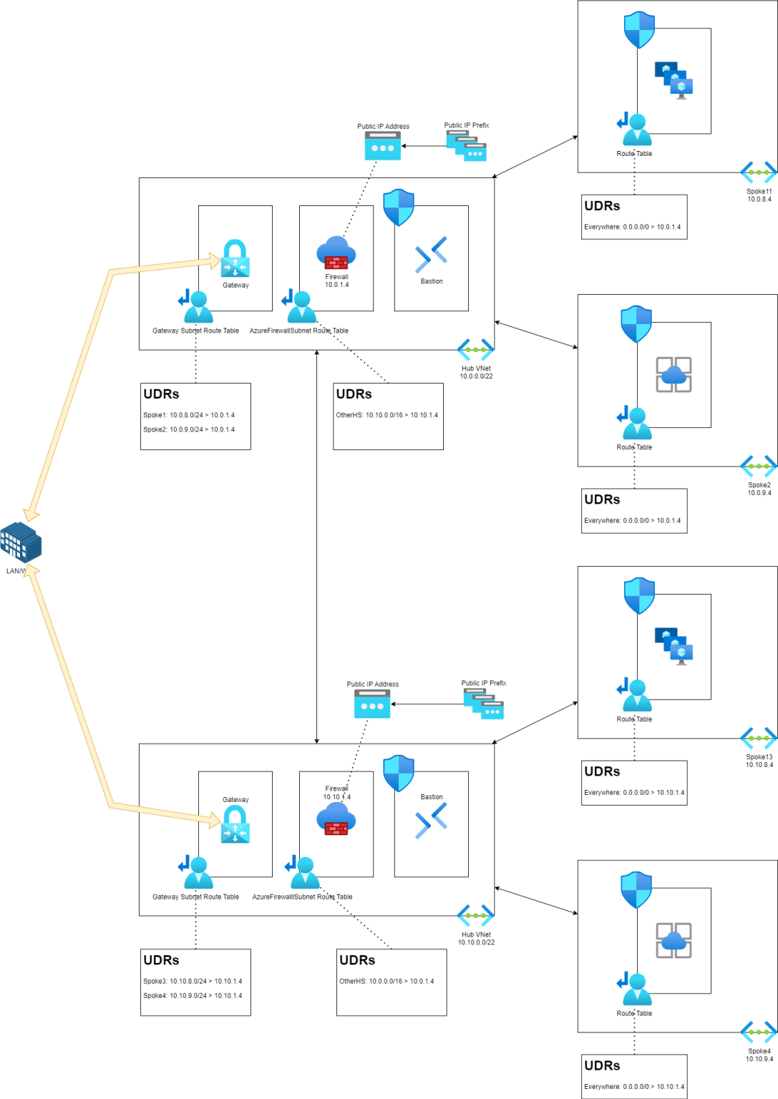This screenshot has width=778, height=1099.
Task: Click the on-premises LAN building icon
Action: coord(21,543)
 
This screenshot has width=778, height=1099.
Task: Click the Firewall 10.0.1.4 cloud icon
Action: coord(336,253)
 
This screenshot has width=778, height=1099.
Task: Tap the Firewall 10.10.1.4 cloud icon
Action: coord(336,819)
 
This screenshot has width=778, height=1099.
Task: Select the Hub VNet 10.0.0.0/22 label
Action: coord(476,372)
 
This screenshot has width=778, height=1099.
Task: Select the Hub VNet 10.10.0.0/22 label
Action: coord(476,938)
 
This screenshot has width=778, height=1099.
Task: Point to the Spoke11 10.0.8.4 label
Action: coord(759,195)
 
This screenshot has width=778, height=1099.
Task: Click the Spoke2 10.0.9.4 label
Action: coord(759,489)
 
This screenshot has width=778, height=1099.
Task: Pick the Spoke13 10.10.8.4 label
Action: coord(759,761)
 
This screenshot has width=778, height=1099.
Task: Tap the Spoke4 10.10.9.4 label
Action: coord(759,1055)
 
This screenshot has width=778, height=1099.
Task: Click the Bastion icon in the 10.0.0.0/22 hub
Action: coord(431,255)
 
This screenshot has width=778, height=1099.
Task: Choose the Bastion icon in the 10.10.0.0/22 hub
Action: coord(431,820)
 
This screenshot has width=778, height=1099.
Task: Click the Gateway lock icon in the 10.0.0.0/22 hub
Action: coord(235,258)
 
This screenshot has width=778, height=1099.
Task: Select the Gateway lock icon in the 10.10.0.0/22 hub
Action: coord(235,824)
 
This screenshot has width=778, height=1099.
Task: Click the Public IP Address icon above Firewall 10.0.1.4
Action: coord(382,147)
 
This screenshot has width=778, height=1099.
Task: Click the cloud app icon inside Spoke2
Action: coord(674,374)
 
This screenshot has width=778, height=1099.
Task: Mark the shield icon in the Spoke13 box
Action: coord(639,596)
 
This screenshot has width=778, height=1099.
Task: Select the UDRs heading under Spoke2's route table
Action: coord(602,499)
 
